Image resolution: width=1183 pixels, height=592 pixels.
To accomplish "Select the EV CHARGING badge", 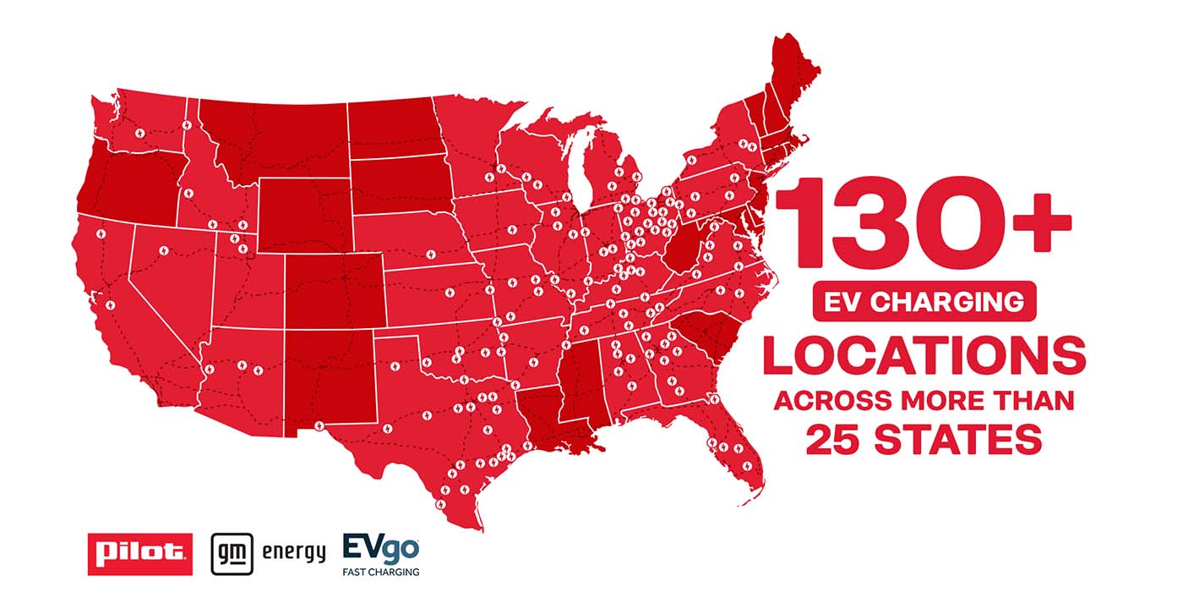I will (x=924, y=301).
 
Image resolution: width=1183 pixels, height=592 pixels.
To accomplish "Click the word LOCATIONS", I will (x=924, y=356).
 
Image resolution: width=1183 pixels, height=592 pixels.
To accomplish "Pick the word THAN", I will (x=1037, y=400).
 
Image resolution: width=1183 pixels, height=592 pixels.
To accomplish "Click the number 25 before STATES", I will (x=835, y=440).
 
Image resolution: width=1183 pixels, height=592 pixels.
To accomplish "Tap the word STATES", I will (x=960, y=440).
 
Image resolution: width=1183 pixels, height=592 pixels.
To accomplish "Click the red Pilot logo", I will (x=139, y=553).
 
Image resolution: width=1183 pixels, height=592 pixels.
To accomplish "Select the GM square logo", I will (x=227, y=553).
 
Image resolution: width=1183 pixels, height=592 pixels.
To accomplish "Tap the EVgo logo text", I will (x=380, y=547).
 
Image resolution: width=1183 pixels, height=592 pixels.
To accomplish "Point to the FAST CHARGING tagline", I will (x=380, y=572).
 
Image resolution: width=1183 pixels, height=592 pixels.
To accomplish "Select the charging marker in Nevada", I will (x=163, y=251).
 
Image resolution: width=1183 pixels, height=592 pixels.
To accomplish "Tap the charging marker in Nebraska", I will (x=430, y=254).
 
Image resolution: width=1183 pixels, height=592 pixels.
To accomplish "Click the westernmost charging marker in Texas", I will (x=319, y=425).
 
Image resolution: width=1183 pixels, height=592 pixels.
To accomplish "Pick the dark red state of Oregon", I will (x=127, y=178).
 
